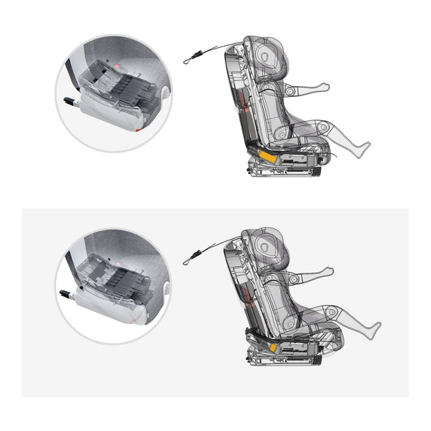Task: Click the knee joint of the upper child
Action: (324, 127)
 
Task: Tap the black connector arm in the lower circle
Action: (66, 293)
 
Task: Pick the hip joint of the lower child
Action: (290, 323)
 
